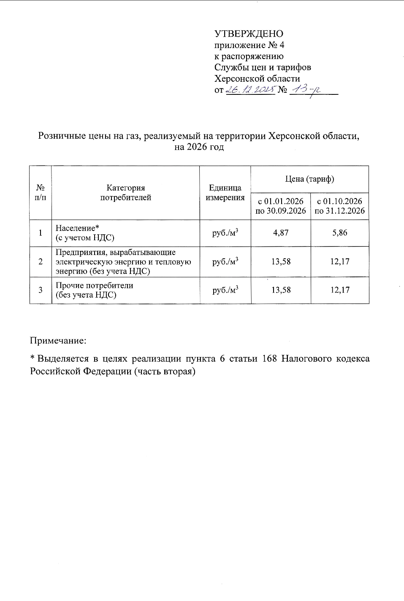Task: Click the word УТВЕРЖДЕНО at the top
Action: (249, 34)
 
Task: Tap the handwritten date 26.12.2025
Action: (251, 89)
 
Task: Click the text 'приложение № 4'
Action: (249, 45)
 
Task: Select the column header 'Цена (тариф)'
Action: (309, 179)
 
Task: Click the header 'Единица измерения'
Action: (225, 193)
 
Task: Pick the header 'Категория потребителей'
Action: (125, 193)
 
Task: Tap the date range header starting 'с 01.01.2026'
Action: (281, 206)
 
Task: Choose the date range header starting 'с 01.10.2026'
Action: (340, 206)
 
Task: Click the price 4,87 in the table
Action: (281, 233)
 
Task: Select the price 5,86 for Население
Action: (340, 233)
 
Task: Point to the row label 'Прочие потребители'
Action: (95, 285)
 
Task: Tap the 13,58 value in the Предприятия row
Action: (281, 261)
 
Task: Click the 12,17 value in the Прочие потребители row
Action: (340, 290)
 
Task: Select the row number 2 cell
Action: (41, 261)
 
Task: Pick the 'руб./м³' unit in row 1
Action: (225, 233)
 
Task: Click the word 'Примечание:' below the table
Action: (58, 340)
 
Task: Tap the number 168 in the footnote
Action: (269, 359)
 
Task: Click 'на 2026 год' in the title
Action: (199, 147)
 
